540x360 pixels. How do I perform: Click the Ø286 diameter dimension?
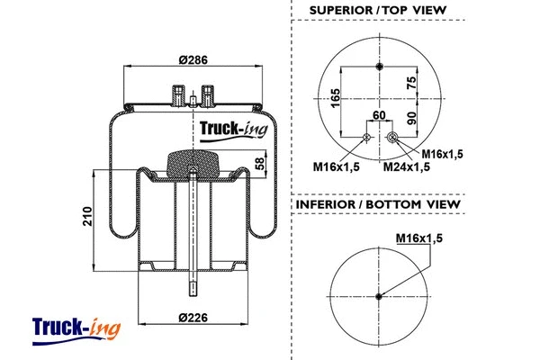point(193,59)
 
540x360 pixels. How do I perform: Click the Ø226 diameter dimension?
point(193,316)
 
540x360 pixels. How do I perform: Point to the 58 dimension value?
point(261,165)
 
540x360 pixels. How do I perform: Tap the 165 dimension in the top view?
point(335,97)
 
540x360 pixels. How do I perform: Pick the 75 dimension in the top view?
point(412,83)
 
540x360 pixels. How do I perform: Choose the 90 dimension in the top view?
point(412,118)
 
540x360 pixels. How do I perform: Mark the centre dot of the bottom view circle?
point(379,298)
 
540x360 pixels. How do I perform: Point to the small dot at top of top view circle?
point(379,67)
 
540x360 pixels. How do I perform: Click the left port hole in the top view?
point(365,137)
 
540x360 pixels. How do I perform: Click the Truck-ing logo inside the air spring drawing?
point(229,128)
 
